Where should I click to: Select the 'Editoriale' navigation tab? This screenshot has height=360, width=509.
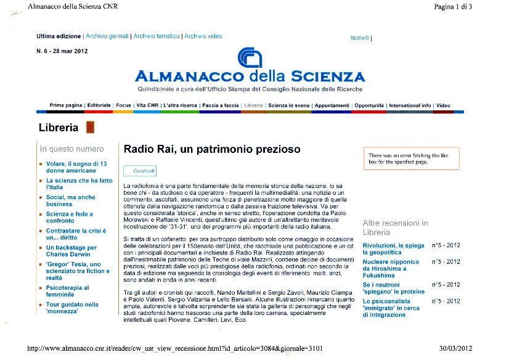pos(99,105)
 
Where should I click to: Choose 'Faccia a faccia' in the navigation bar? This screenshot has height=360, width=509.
pos(221,105)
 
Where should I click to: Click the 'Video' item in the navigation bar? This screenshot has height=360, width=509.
pos(444,105)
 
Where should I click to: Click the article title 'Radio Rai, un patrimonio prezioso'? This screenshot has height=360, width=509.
pos(212,149)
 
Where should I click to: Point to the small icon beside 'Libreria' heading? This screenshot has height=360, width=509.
pos(90,128)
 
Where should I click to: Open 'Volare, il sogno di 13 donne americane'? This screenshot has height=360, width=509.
pos(76,167)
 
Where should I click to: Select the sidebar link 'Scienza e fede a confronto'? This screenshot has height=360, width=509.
pos(69,217)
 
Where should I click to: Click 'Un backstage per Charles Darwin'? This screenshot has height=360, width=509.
pos(71,251)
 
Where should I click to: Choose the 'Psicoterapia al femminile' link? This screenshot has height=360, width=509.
pos(68,290)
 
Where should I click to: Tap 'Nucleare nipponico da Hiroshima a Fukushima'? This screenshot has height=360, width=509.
pos(391,269)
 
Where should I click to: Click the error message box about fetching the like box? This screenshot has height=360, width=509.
pos(411,159)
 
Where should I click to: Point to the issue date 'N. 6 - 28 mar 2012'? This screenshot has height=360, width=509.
pos(62,51)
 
